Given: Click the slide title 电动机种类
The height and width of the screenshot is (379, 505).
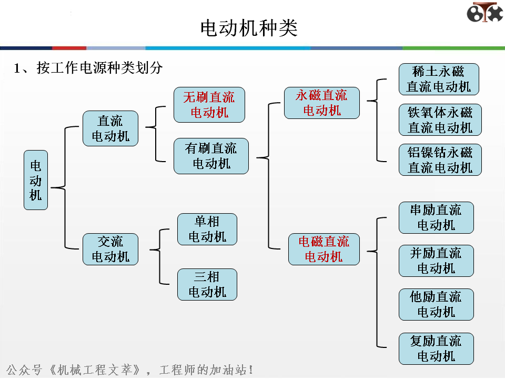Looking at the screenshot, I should [x=249, y=28].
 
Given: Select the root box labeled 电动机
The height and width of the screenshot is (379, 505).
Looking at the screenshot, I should [x=36, y=180].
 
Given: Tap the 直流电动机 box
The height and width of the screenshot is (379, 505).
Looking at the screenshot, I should [x=110, y=128].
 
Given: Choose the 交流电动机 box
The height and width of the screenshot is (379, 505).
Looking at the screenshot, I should [x=110, y=249].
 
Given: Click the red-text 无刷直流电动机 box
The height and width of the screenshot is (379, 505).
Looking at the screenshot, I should [x=209, y=105].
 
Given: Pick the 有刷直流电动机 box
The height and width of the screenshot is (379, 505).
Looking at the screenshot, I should [x=211, y=156].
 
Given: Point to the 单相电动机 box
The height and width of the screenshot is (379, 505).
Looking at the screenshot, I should [x=207, y=229].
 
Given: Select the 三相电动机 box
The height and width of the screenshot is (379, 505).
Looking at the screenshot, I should [x=207, y=284].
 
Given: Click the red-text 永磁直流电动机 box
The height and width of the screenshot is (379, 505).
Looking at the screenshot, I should [x=322, y=103].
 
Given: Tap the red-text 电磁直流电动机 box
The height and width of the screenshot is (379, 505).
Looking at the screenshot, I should [x=324, y=249].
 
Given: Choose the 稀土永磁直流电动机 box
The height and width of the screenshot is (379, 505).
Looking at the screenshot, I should [x=439, y=79].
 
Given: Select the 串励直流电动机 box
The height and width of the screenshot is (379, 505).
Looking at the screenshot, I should [x=436, y=217].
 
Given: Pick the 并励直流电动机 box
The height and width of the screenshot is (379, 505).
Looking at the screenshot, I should [x=436, y=261].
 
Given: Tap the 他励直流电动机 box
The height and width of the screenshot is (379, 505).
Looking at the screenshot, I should [x=436, y=304].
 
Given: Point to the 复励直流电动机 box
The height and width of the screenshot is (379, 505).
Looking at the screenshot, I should [x=436, y=348].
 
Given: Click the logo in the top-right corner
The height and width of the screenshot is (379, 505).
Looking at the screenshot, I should [x=484, y=13].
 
